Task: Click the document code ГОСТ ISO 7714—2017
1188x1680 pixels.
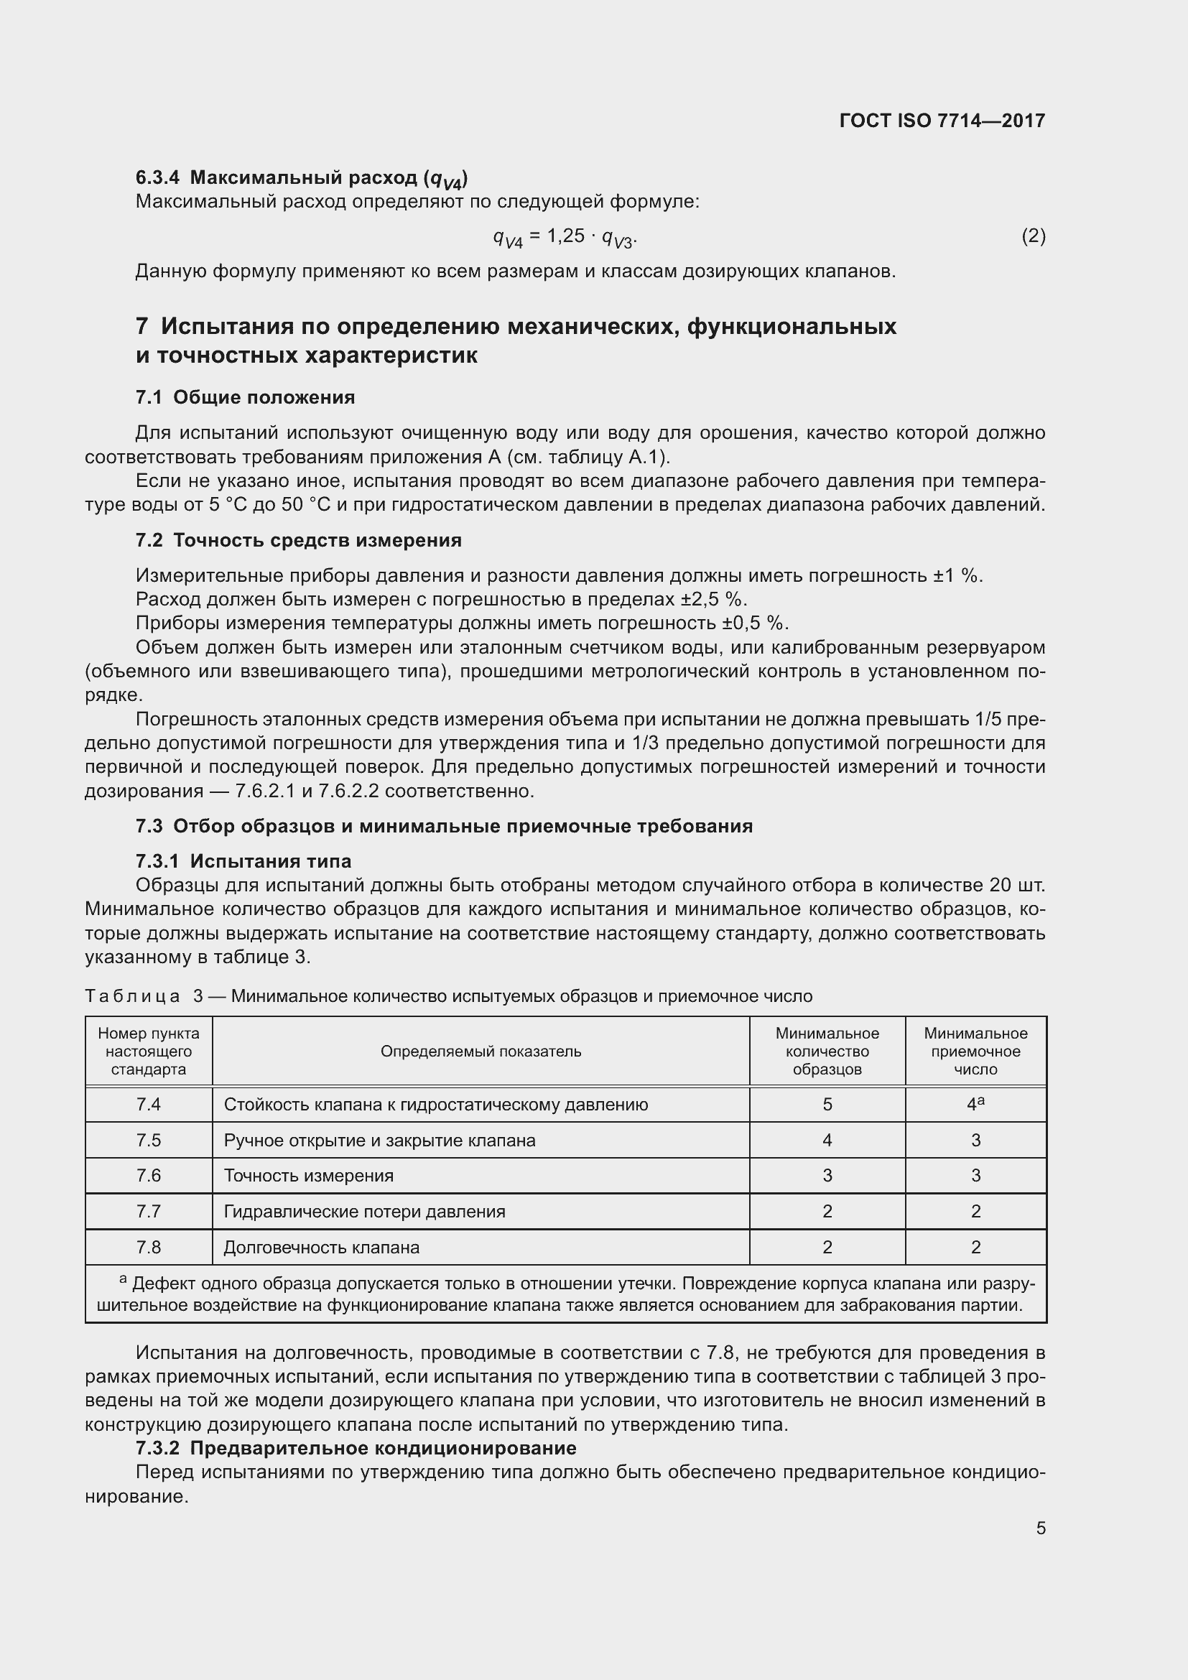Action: (942, 121)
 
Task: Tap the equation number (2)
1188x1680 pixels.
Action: (1033, 236)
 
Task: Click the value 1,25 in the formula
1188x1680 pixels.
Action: (565, 236)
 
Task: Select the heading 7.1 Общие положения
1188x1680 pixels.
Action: (245, 397)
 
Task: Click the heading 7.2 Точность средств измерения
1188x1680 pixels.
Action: (299, 540)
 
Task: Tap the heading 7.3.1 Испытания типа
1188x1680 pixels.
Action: (243, 861)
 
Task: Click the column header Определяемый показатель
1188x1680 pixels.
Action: (481, 1052)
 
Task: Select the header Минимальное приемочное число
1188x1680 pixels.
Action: (975, 1052)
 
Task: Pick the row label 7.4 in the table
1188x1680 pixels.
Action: (149, 1105)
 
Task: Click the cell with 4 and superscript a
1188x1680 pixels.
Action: (975, 1105)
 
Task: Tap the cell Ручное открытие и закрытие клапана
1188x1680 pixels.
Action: (379, 1141)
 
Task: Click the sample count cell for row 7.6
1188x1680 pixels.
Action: (827, 1176)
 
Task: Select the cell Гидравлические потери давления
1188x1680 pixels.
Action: (364, 1212)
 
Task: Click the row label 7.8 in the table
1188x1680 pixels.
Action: (149, 1248)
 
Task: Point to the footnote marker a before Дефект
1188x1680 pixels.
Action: (124, 1280)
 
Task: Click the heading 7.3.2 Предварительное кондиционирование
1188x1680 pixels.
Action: (356, 1448)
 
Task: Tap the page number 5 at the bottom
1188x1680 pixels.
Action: (1040, 1528)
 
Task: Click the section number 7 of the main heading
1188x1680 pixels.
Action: (142, 326)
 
